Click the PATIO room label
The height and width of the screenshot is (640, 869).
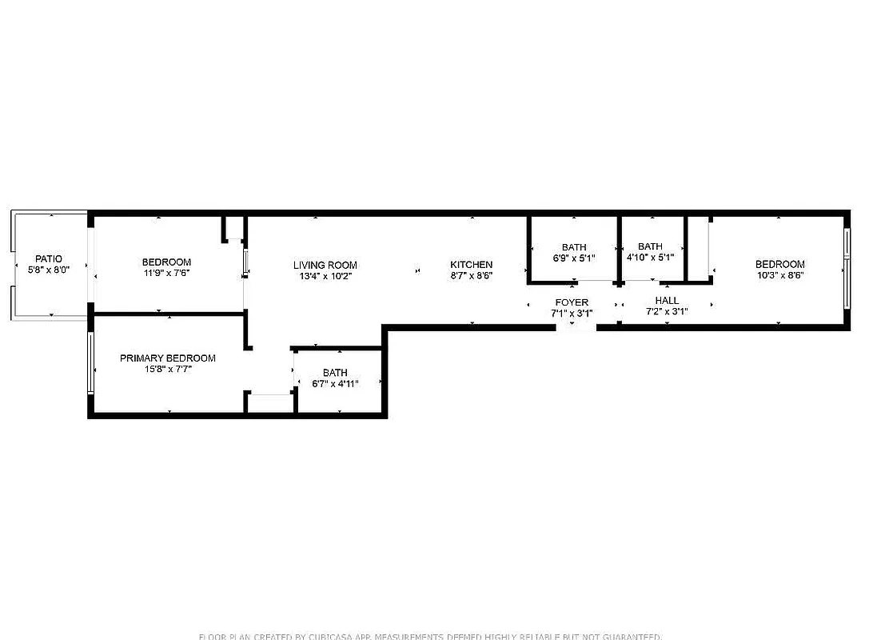click(49, 259)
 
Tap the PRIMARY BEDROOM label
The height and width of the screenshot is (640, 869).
click(168, 358)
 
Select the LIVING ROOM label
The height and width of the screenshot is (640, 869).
click(325, 266)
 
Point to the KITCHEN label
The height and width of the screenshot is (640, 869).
click(472, 265)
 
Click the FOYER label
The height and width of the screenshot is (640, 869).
click(572, 302)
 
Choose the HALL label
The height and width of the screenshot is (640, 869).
click(667, 301)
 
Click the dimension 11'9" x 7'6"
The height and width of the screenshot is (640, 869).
click(166, 273)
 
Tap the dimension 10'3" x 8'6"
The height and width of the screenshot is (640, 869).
click(780, 275)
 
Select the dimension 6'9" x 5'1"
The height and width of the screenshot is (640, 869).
click(574, 258)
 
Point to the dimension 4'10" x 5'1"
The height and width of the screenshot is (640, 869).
click(650, 258)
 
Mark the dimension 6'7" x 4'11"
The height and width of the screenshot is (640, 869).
click(335, 383)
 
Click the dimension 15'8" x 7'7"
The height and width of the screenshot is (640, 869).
click(168, 369)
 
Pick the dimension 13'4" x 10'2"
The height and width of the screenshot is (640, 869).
click(325, 276)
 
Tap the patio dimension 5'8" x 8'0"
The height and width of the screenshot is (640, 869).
click(49, 270)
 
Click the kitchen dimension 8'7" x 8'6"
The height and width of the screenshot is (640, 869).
click(472, 275)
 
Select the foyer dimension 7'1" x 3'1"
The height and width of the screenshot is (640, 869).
click(572, 313)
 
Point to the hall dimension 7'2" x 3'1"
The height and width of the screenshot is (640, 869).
click(667, 312)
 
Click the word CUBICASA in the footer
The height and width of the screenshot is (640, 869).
click(329, 637)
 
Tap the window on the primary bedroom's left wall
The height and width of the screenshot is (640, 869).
click(91, 363)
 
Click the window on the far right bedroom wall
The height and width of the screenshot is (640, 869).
click(847, 268)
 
